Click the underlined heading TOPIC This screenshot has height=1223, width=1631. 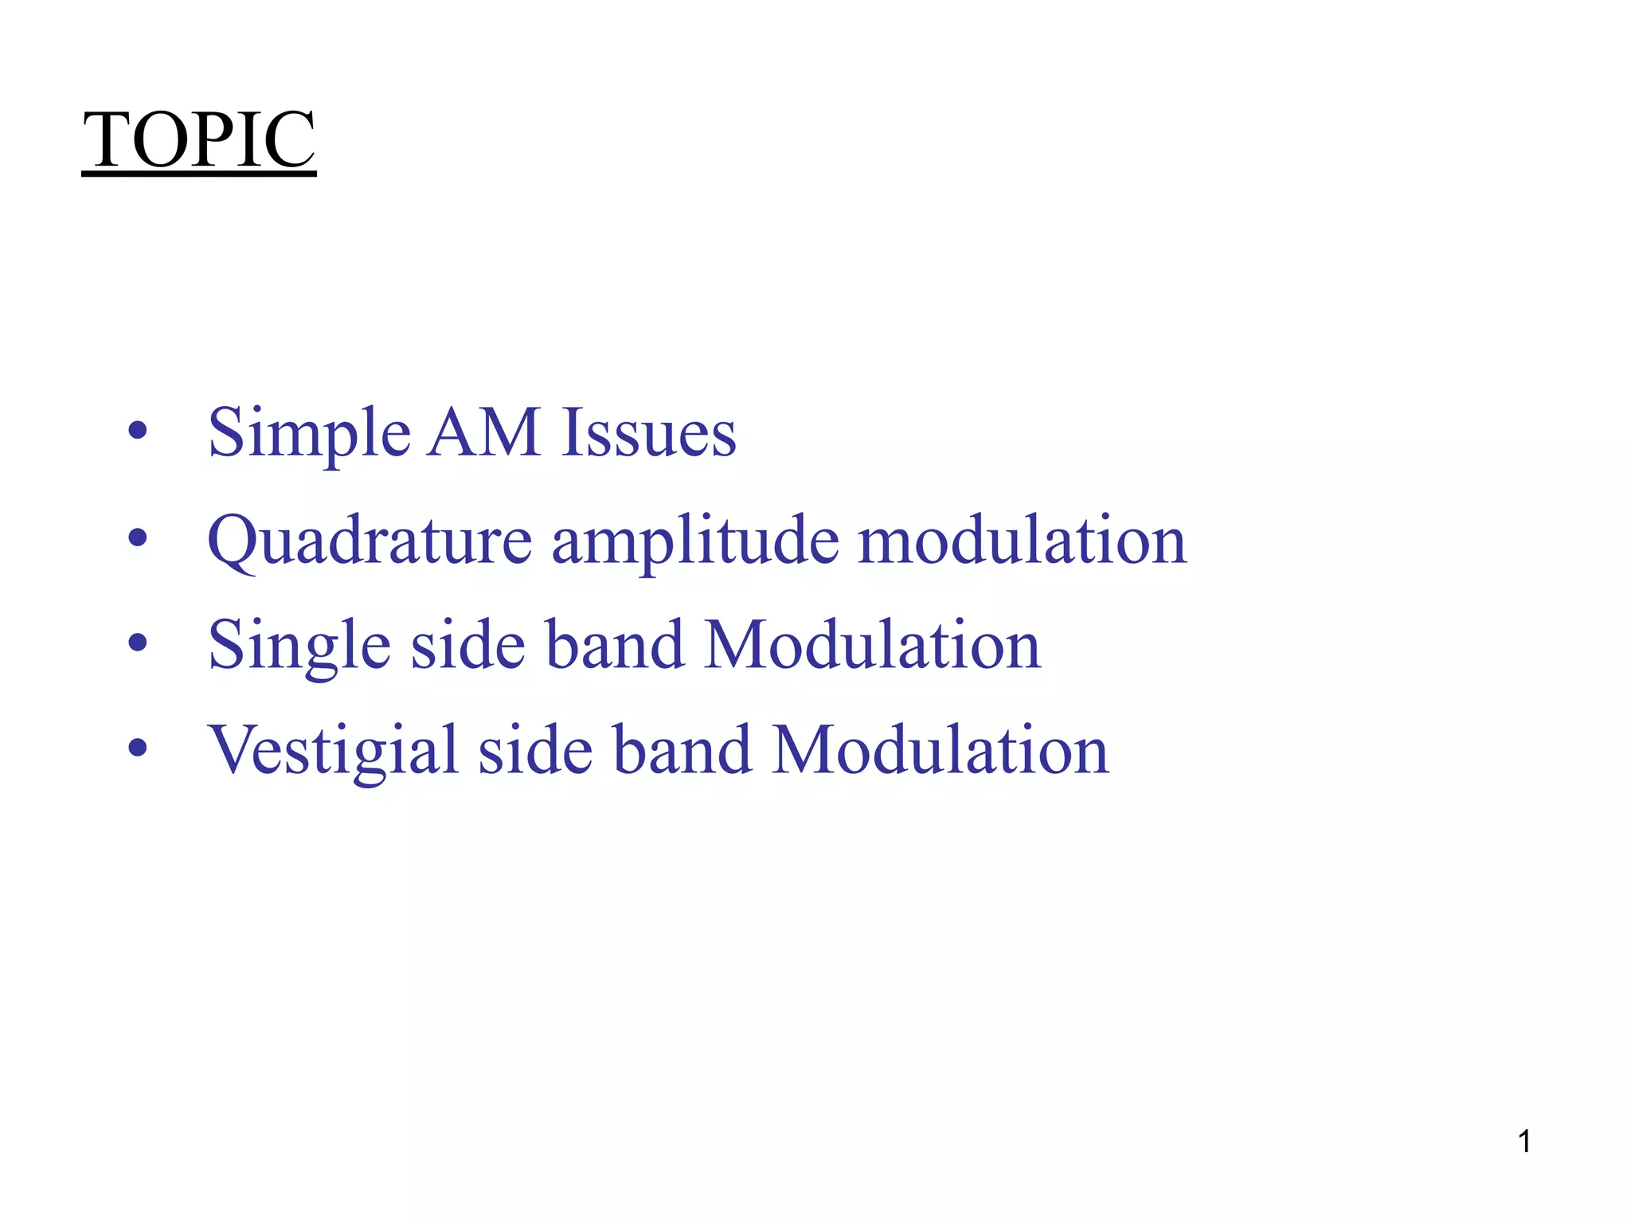click(x=199, y=140)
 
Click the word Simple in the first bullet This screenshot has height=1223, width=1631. click(x=309, y=434)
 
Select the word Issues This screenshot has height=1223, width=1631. click(x=648, y=434)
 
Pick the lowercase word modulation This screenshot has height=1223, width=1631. click(x=1022, y=540)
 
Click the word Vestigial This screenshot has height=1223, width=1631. click(x=333, y=752)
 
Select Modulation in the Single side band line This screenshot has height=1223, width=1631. click(x=873, y=644)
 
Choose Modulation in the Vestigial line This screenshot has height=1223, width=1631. click(x=941, y=750)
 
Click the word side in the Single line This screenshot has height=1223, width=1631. click(x=467, y=644)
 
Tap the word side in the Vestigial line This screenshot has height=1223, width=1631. click(x=535, y=750)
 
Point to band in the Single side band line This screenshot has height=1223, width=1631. click(x=615, y=644)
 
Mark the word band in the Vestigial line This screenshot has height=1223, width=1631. click(x=683, y=750)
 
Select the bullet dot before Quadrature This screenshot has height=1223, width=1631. click(x=138, y=538)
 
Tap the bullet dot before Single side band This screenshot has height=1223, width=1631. click(x=138, y=643)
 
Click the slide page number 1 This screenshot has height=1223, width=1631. click(x=1524, y=1142)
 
